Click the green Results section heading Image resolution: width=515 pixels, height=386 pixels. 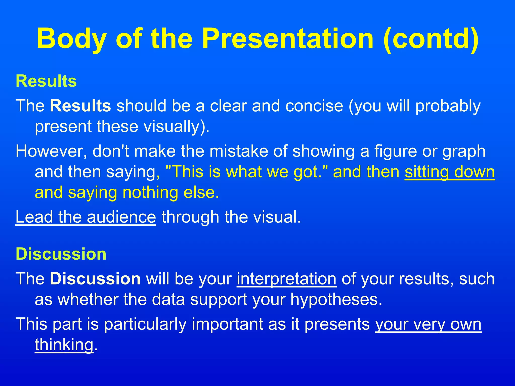point(46,81)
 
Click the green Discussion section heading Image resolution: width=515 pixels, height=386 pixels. point(61,254)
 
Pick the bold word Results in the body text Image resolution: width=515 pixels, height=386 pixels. point(80,106)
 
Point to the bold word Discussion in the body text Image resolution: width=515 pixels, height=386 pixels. point(95,279)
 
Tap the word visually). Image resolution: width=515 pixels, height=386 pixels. point(176,126)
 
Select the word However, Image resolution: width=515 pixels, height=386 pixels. point(51,151)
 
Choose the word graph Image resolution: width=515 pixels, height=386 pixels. point(464,151)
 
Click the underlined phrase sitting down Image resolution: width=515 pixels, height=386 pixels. point(450,172)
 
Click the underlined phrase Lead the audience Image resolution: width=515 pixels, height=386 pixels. point(86,217)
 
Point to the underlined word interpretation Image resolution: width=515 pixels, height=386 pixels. point(286,279)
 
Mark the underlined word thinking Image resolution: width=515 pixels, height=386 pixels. point(64,345)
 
